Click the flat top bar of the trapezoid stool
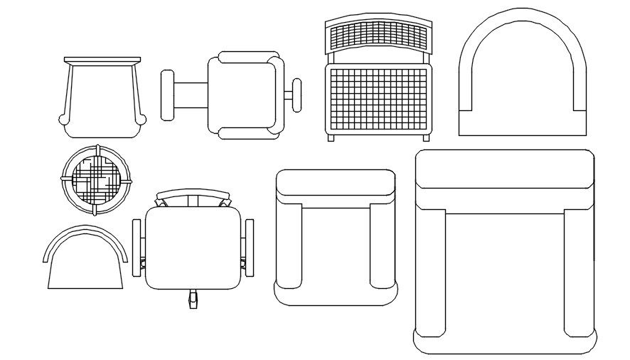tap(102, 60)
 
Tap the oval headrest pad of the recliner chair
tap(169, 94)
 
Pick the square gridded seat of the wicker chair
tap(378, 97)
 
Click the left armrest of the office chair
tap(137, 247)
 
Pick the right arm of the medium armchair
tap(381, 245)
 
